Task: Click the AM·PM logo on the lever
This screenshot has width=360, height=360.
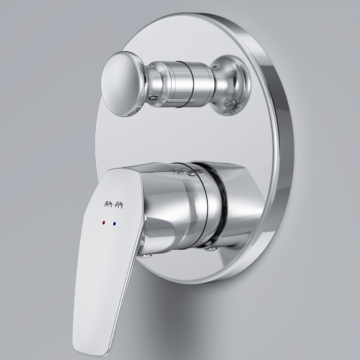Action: tap(113, 204)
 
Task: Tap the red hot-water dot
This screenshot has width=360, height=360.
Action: tap(103, 222)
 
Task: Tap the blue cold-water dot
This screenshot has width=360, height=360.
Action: tap(114, 223)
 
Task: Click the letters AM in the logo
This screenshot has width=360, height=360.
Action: tap(108, 203)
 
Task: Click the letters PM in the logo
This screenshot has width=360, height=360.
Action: tap(119, 205)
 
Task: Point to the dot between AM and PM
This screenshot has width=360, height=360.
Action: tap(114, 204)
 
